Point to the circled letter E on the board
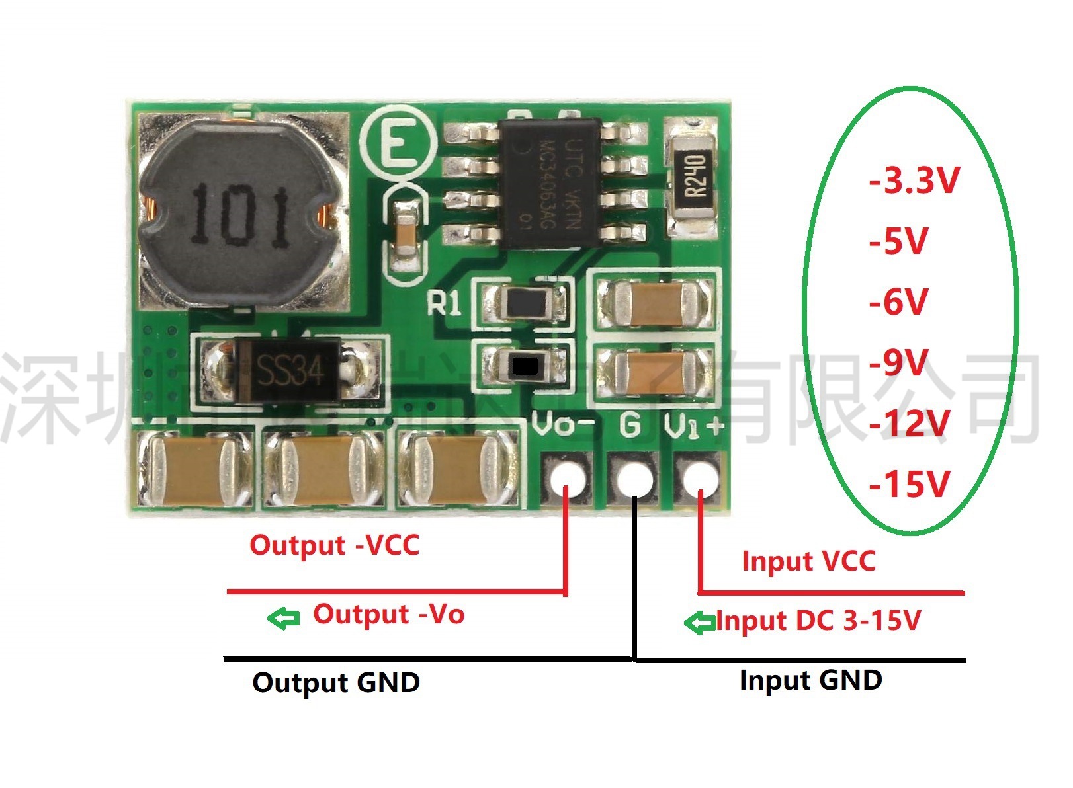(x=398, y=143)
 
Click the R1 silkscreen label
(x=445, y=304)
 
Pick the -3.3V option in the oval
(x=914, y=180)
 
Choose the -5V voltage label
(x=899, y=241)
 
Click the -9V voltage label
(x=899, y=362)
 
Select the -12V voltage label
(x=910, y=423)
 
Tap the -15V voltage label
(x=910, y=484)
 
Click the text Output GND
(x=336, y=682)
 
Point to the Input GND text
(x=810, y=680)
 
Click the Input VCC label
(x=808, y=561)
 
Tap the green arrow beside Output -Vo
(x=284, y=618)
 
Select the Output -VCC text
(x=335, y=545)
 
